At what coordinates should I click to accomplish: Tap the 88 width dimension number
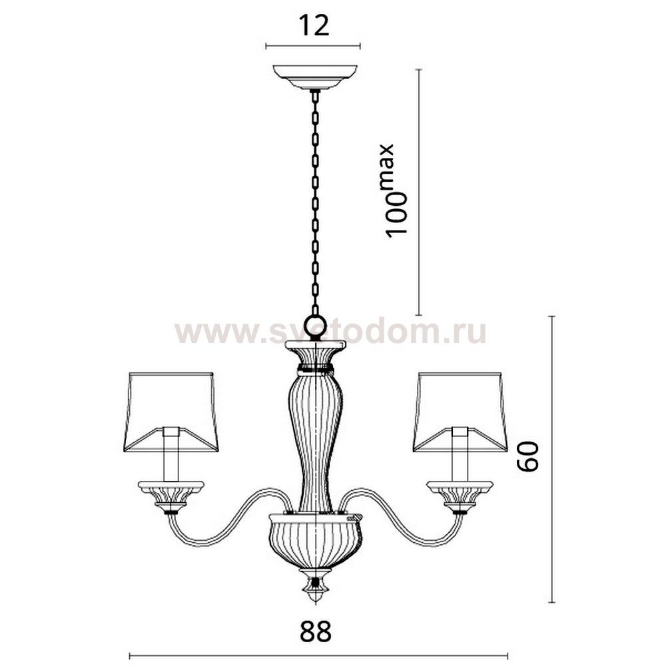(316, 631)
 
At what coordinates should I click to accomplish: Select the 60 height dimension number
(528, 456)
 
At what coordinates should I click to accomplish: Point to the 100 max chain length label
(390, 191)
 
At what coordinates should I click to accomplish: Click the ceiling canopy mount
(315, 77)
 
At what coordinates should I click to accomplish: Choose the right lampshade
(460, 412)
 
